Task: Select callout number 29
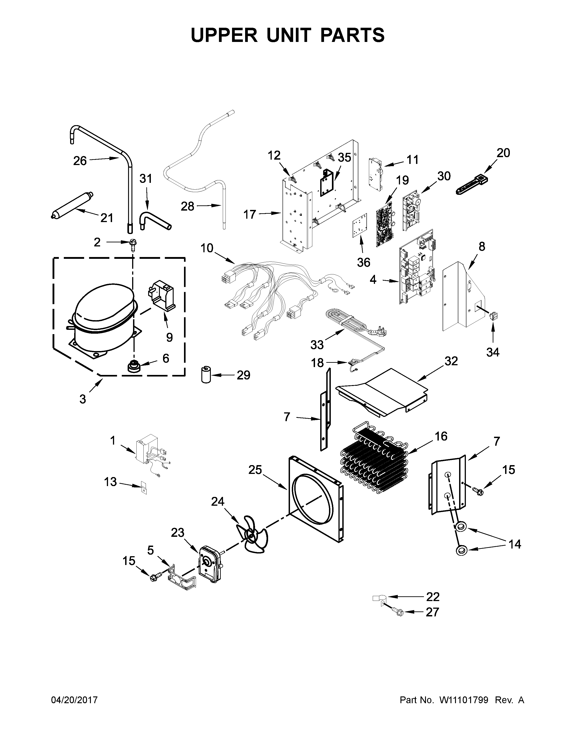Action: [243, 375]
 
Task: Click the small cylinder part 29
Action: [205, 374]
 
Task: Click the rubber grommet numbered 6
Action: [133, 367]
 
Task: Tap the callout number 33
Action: [317, 345]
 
